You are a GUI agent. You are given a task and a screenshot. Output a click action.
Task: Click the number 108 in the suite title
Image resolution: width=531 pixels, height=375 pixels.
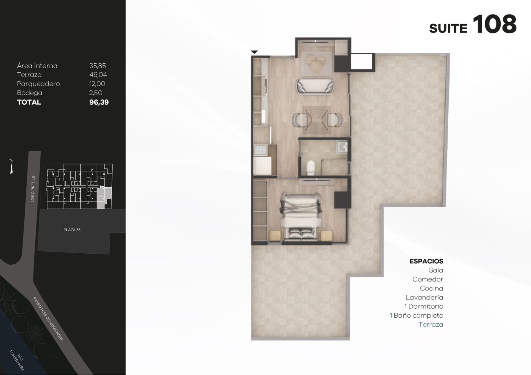pyautogui.click(x=495, y=25)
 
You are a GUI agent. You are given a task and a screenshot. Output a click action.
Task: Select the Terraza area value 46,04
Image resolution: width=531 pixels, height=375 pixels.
pyautogui.click(x=98, y=75)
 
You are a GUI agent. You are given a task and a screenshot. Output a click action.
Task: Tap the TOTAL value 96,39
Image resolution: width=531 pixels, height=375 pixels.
pyautogui.click(x=99, y=102)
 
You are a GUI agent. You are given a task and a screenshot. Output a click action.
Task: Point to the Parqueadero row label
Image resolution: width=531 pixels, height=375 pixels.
pyautogui.click(x=38, y=84)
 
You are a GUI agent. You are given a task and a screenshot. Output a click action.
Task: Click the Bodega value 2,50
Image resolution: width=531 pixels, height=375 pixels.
pyautogui.click(x=96, y=93)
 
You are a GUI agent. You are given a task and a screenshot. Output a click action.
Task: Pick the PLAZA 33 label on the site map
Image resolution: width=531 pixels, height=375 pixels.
pyautogui.click(x=72, y=230)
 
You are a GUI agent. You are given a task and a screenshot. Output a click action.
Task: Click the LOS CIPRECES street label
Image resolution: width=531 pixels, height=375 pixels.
pyautogui.click(x=33, y=189)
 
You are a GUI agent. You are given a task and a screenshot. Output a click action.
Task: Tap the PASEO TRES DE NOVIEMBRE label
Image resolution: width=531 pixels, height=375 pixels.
pyautogui.click(x=48, y=319)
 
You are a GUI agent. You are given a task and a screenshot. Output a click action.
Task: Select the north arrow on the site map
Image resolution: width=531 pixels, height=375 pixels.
pyautogui.click(x=11, y=169)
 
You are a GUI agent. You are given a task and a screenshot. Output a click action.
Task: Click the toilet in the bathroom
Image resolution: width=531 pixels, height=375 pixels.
pyautogui.click(x=310, y=168)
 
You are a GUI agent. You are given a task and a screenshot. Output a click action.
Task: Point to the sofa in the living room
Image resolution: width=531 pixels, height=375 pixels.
pyautogui.click(x=315, y=87)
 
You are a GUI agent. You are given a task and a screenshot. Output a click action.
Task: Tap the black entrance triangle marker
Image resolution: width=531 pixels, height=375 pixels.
pyautogui.click(x=254, y=52)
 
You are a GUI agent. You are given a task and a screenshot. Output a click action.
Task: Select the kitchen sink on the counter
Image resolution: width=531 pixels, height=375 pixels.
pyautogui.click(x=260, y=150)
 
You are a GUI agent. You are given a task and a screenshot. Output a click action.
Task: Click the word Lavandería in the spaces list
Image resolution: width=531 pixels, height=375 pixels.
pyautogui.click(x=424, y=297)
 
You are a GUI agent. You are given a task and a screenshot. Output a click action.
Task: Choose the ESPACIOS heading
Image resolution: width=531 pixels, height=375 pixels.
pyautogui.click(x=426, y=261)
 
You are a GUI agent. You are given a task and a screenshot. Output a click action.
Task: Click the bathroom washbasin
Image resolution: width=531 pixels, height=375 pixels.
pyautogui.click(x=342, y=146)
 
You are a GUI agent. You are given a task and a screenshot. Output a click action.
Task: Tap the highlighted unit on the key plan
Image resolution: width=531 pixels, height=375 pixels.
pyautogui.click(x=104, y=197)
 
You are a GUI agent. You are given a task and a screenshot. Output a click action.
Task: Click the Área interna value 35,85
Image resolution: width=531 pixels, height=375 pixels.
pyautogui.click(x=98, y=66)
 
